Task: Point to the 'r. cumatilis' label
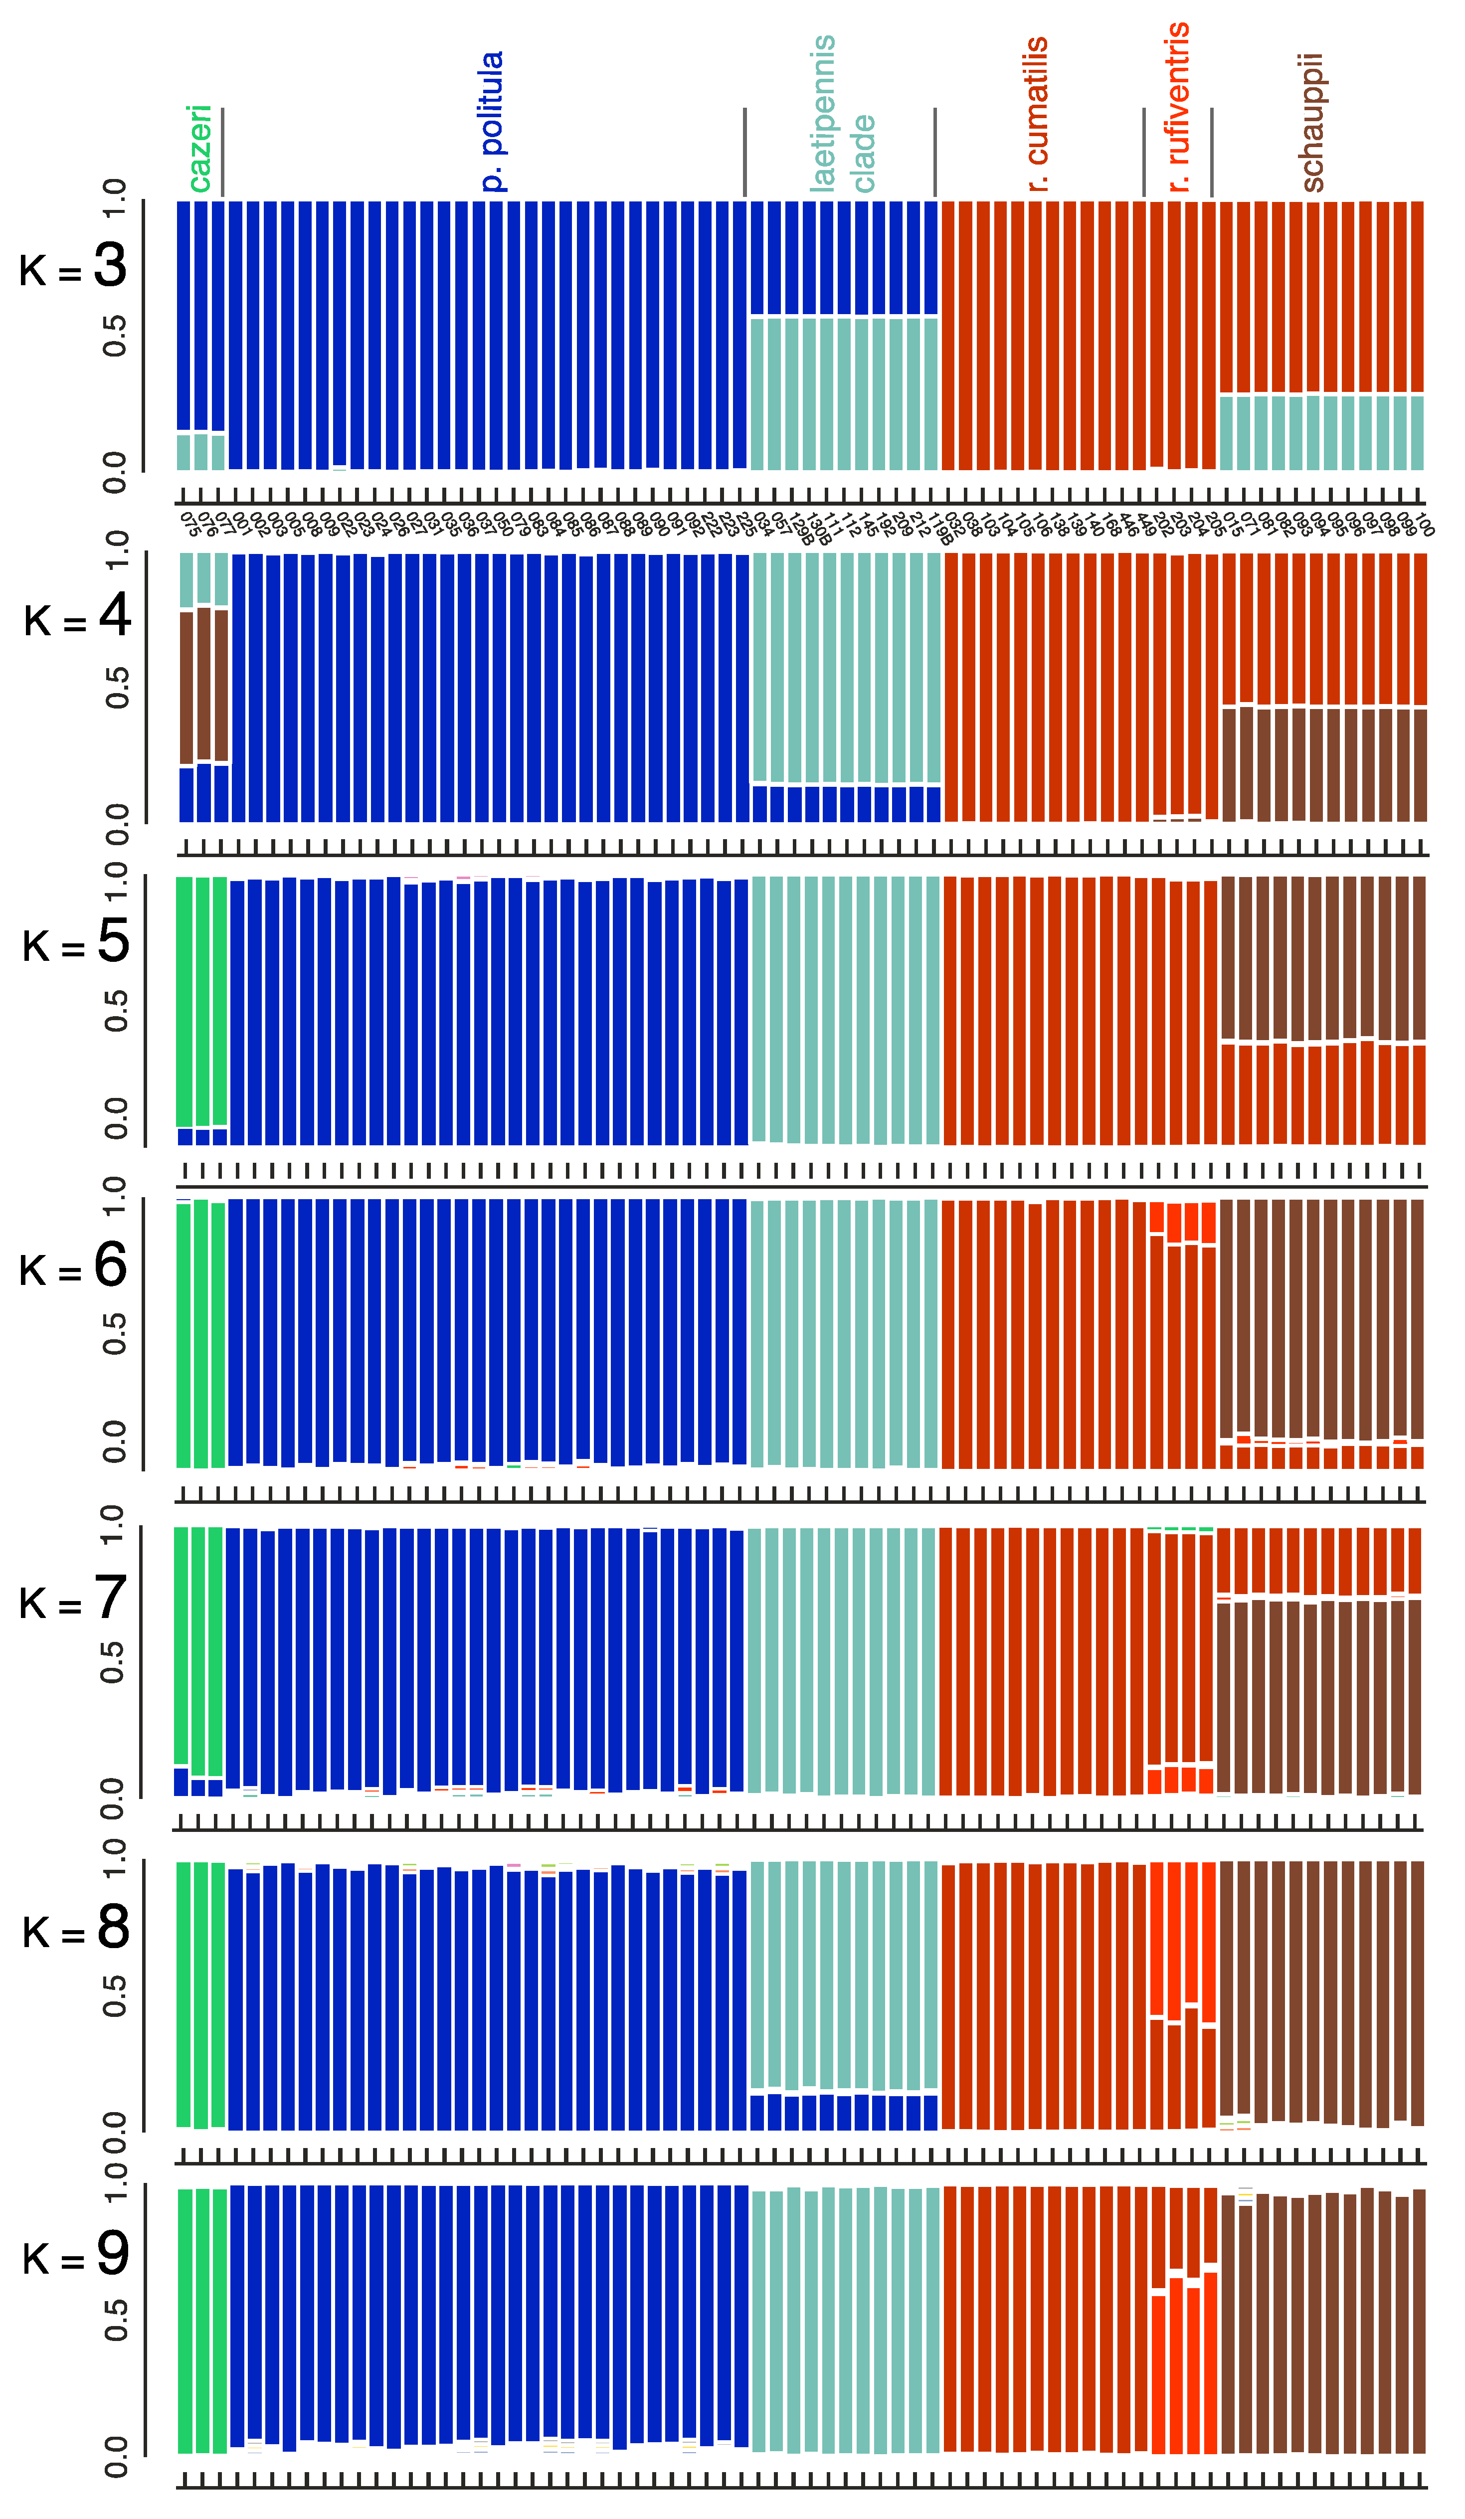coord(1037,114)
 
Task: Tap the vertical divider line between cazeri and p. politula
coord(222,152)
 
